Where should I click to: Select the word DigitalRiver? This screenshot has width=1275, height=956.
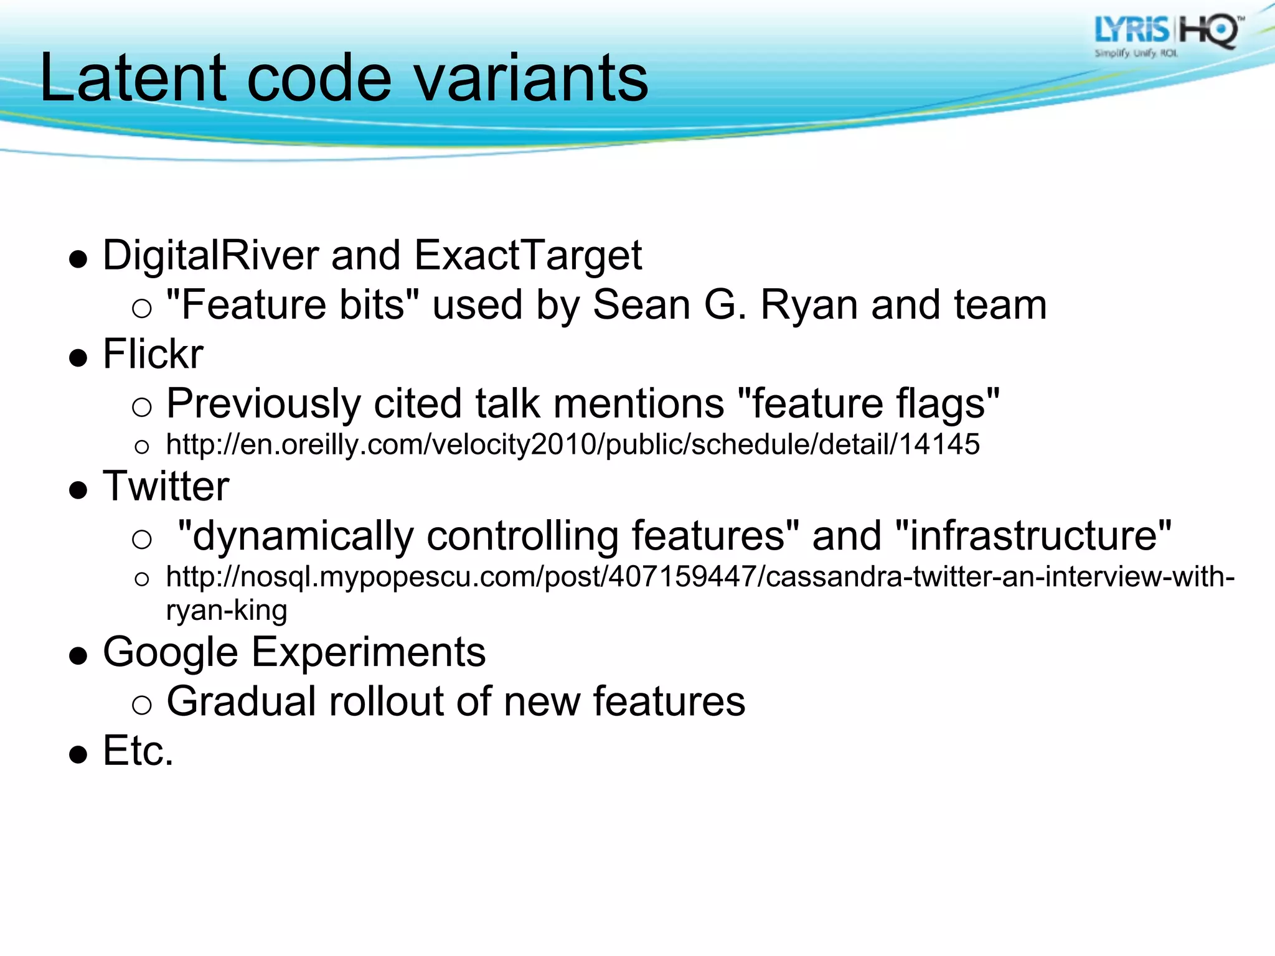click(x=210, y=256)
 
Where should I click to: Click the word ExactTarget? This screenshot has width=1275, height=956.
click(x=527, y=256)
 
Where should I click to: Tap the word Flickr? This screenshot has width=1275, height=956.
click(x=153, y=354)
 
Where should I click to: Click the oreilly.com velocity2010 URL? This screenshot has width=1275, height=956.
click(x=572, y=444)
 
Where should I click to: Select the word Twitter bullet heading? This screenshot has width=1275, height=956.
click(x=166, y=486)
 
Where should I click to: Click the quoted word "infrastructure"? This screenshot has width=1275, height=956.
click(x=1033, y=535)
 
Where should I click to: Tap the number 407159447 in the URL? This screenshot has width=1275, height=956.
click(x=681, y=577)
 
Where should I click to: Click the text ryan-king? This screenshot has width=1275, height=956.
click(x=226, y=611)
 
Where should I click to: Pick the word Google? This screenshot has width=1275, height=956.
click(x=170, y=652)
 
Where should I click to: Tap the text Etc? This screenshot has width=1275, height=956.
click(x=138, y=751)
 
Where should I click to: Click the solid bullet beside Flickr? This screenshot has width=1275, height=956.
click(x=78, y=358)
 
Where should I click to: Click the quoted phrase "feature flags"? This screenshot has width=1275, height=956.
click(x=868, y=403)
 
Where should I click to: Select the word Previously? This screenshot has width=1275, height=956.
click(x=263, y=403)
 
